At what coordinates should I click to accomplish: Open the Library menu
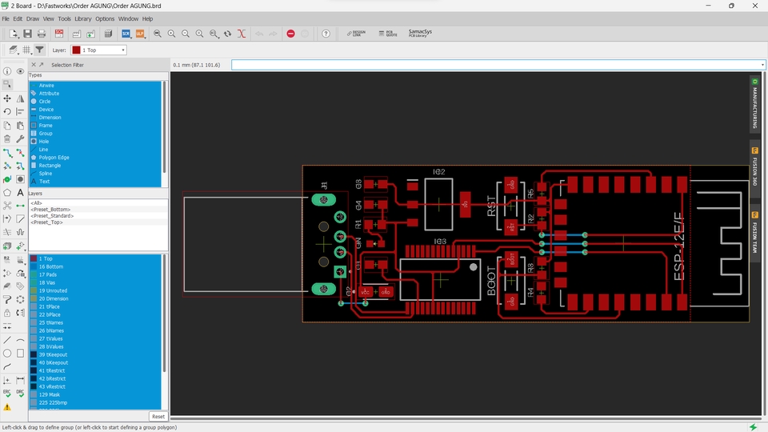tap(82, 18)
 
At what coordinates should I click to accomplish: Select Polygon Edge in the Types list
tap(54, 158)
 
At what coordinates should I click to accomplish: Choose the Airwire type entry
tap(46, 85)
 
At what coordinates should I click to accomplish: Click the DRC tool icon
tap(21, 394)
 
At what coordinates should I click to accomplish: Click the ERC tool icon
tap(7, 394)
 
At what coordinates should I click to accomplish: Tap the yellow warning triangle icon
tap(7, 407)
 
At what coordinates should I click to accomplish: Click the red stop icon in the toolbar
tap(290, 34)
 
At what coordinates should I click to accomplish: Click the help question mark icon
tap(326, 34)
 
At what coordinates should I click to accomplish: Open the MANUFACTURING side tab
tap(754, 104)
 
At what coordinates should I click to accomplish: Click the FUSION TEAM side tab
tap(754, 232)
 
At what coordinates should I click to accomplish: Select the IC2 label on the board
tap(438, 172)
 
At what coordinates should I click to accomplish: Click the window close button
tap(754, 6)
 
